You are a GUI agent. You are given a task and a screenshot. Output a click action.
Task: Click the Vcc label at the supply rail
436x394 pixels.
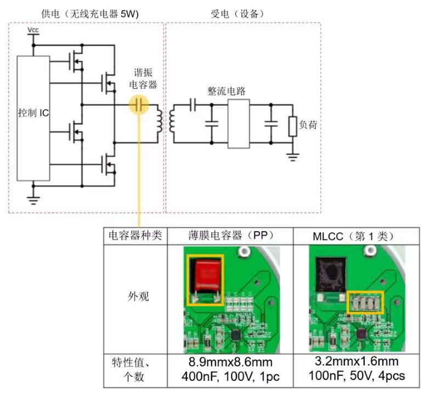(x=33, y=30)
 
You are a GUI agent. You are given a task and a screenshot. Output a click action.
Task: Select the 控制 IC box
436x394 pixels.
(x=33, y=118)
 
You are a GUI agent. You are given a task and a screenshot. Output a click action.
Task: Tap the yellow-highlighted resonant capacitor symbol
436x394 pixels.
(x=139, y=105)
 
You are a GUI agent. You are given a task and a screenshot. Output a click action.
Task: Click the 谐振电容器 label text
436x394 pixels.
(x=143, y=78)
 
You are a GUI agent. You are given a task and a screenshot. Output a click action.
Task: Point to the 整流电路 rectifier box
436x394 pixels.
(x=239, y=124)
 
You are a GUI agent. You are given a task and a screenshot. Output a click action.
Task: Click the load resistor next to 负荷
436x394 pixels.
(x=292, y=127)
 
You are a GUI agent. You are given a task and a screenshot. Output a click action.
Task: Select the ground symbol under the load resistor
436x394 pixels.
(x=292, y=157)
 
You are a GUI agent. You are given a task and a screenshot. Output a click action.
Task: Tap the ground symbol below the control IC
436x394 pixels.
(x=33, y=201)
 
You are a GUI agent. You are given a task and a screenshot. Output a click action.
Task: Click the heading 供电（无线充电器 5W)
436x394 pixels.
(x=90, y=14)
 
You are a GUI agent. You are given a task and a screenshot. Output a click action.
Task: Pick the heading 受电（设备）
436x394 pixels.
(x=237, y=14)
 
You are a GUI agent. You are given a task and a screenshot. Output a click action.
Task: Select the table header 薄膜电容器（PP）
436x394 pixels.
(x=230, y=236)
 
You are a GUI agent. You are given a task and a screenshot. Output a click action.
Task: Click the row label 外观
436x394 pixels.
(x=138, y=296)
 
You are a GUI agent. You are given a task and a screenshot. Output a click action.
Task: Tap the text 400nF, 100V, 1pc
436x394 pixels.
(x=230, y=377)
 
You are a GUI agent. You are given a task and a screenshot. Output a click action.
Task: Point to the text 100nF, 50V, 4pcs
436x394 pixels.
(x=357, y=376)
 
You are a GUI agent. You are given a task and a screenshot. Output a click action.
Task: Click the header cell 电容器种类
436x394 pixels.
(x=135, y=236)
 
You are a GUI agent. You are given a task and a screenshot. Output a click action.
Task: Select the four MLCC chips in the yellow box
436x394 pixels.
(x=365, y=302)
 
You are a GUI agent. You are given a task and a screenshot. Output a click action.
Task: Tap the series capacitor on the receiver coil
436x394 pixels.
(x=192, y=105)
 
